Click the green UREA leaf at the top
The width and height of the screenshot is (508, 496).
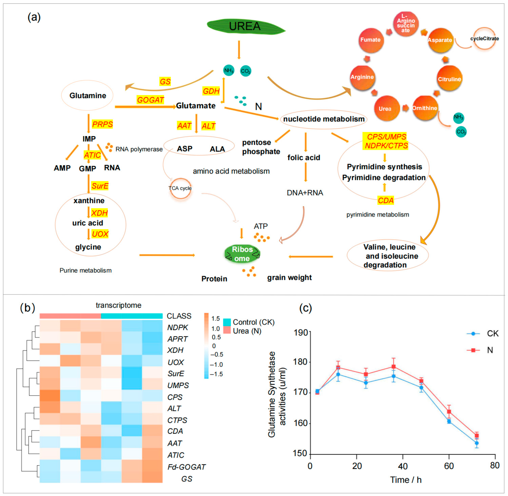245,26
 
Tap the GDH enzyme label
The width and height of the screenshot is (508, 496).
211,91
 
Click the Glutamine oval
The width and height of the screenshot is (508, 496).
87,96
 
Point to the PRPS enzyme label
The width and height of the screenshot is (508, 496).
102,124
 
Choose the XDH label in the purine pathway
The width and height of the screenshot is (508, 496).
99,213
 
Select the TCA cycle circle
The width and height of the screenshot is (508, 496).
180,188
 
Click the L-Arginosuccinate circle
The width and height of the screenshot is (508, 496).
406,24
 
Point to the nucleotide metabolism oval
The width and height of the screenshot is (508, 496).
324,119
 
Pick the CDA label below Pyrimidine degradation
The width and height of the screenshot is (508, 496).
385,201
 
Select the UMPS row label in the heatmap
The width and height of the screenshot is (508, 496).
178,385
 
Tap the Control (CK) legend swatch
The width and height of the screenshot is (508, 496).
227,322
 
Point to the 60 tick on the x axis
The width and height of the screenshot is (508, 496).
449,466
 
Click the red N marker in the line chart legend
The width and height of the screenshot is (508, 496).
473,350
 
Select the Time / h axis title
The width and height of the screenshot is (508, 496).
406,480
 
